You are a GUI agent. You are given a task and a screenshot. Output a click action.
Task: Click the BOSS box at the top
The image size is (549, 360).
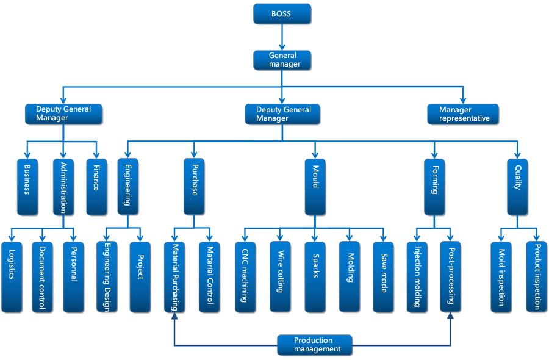[282, 14]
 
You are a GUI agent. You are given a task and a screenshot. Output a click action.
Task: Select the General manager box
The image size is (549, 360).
[282, 60]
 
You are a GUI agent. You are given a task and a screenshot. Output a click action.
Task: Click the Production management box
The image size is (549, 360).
[315, 345]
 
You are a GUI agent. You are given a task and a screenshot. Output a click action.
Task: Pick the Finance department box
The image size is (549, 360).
[96, 187]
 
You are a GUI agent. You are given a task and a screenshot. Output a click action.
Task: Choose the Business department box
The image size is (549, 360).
[27, 187]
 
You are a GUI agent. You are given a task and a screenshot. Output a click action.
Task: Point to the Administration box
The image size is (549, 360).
[63, 187]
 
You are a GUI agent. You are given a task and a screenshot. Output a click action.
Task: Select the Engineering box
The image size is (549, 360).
[128, 187]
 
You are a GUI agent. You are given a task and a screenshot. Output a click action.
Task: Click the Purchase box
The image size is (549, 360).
[194, 187]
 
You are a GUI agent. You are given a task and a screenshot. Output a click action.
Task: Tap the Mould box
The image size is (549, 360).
[315, 187]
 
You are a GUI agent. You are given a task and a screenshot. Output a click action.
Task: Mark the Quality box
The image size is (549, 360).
[517, 187]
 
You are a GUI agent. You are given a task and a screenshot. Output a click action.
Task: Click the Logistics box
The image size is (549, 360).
[12, 277]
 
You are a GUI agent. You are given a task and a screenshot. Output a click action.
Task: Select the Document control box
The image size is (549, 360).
[42, 277]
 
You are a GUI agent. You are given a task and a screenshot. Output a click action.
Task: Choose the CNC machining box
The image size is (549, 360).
[245, 277]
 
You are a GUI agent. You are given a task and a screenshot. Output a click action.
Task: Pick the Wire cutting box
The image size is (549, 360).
[280, 277]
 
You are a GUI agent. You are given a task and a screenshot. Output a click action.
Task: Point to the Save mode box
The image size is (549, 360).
[383, 277]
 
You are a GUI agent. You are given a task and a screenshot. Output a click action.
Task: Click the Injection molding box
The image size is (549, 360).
[417, 277]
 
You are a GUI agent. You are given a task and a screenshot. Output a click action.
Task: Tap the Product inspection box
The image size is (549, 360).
[537, 277]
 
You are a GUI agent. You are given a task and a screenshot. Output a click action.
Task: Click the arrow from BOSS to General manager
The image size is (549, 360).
[282, 37]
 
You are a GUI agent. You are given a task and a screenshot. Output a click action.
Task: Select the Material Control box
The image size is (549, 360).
[210, 277]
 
